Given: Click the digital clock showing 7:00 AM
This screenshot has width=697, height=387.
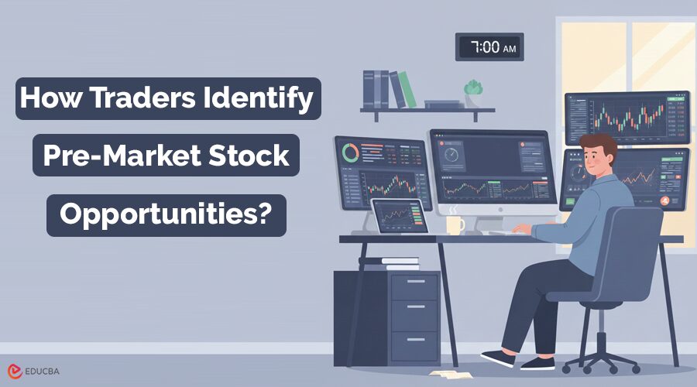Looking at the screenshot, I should tap(489, 47).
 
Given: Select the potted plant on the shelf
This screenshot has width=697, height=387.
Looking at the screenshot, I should tap(472, 91).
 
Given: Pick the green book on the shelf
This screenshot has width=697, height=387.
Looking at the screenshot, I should tap(407, 90).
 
